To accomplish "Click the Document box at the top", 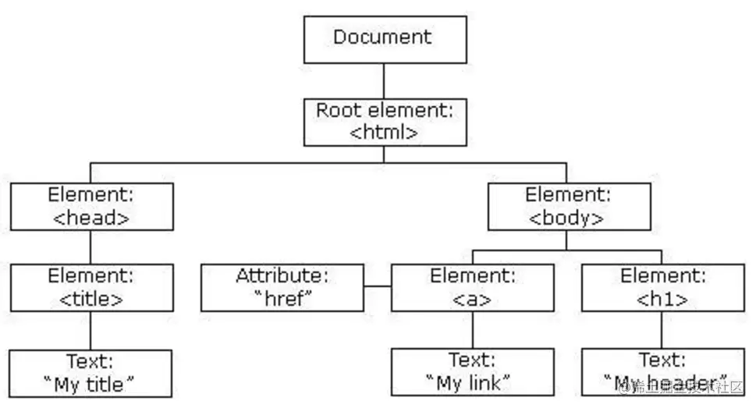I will coord(385,39).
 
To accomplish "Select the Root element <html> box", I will coord(385,122).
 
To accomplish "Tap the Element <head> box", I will coord(91,207).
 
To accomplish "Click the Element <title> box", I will coord(91,288).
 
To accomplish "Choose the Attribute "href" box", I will coord(282,288).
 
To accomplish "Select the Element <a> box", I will coord(472,288).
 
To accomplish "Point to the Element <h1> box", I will coord(662,288).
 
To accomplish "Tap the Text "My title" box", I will coord(91,373).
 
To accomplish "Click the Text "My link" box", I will coord(472,373).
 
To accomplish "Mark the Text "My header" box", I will coord(662,373).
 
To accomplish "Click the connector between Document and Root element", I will coord(385,80).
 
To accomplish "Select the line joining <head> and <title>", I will coord(91,247).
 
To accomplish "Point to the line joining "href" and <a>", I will coord(377,287).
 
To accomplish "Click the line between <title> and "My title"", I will coord(91,330).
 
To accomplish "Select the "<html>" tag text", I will coord(384,132).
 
